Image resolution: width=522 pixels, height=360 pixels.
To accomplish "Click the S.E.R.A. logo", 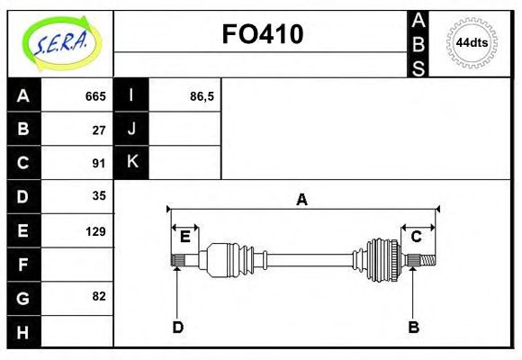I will click(60, 42).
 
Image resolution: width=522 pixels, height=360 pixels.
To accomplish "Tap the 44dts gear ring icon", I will click(472, 42).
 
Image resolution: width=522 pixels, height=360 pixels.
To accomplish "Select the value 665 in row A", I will click(95, 96).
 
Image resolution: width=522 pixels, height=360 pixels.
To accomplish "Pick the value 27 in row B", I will click(99, 130).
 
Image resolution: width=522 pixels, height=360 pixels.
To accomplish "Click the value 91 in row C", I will click(99, 163).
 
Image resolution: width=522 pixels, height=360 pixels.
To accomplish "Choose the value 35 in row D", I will click(99, 196).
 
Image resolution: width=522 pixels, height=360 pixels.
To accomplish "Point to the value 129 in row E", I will click(95, 231).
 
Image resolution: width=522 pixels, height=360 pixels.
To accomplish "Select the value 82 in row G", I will click(99, 296).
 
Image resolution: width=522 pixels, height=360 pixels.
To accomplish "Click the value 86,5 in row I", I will click(202, 96).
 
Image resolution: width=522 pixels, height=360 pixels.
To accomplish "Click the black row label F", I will click(23, 265).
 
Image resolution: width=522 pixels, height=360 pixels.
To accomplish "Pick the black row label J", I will click(132, 129).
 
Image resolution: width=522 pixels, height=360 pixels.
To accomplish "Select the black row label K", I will click(132, 162).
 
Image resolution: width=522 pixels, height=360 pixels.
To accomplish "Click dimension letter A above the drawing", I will click(302, 200).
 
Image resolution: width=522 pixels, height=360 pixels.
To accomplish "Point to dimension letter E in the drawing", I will click(184, 237).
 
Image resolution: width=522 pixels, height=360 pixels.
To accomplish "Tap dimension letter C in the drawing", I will click(416, 237).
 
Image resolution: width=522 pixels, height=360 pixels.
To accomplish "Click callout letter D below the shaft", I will click(177, 328).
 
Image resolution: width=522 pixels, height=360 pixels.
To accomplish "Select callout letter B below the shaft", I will click(413, 328).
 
